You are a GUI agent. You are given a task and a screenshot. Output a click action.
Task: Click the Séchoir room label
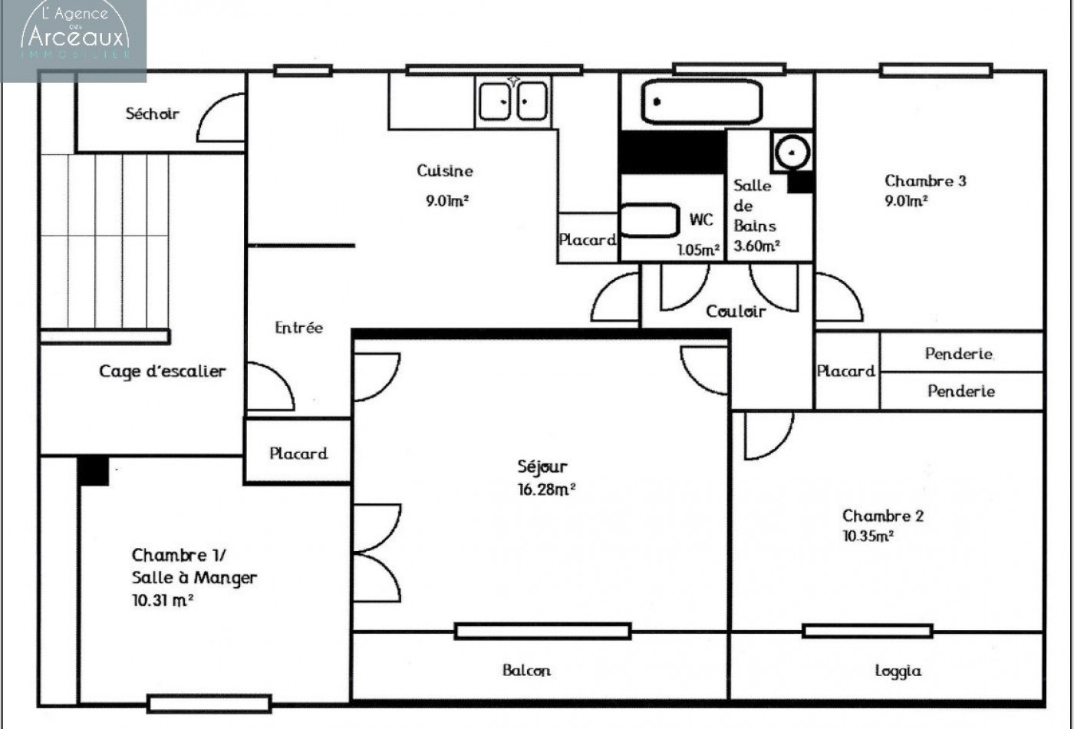click(152, 114)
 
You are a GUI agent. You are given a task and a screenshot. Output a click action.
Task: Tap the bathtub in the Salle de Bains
click(701, 101)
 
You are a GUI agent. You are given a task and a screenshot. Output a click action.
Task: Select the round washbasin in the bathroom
click(792, 151)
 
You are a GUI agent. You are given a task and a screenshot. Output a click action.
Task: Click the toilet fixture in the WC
click(649, 220)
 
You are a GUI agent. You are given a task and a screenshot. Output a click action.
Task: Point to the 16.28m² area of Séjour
click(546, 490)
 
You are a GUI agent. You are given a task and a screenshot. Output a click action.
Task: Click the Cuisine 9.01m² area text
click(447, 201)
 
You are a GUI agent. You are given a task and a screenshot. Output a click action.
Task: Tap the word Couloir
click(735, 311)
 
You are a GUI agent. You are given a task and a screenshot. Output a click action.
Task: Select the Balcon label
click(526, 670)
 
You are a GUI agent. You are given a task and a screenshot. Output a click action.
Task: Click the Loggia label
click(898, 671)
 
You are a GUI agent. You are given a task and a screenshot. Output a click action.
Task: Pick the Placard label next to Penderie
click(845, 371)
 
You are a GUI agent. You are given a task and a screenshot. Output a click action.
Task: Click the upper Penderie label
click(959, 354)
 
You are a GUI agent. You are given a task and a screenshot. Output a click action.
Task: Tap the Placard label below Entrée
click(298, 454)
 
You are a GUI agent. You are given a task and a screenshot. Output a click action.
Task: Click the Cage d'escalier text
click(162, 371)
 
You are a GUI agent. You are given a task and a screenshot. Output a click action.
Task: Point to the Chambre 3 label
click(925, 181)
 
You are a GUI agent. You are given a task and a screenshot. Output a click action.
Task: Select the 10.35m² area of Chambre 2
click(868, 536)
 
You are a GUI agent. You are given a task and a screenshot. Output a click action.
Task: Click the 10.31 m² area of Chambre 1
click(162, 600)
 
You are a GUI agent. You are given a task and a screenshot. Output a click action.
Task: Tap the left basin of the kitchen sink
click(495, 101)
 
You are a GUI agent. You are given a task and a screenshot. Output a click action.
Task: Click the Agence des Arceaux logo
click(74, 35)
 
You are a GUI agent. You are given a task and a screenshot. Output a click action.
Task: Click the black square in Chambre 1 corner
click(94, 470)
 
